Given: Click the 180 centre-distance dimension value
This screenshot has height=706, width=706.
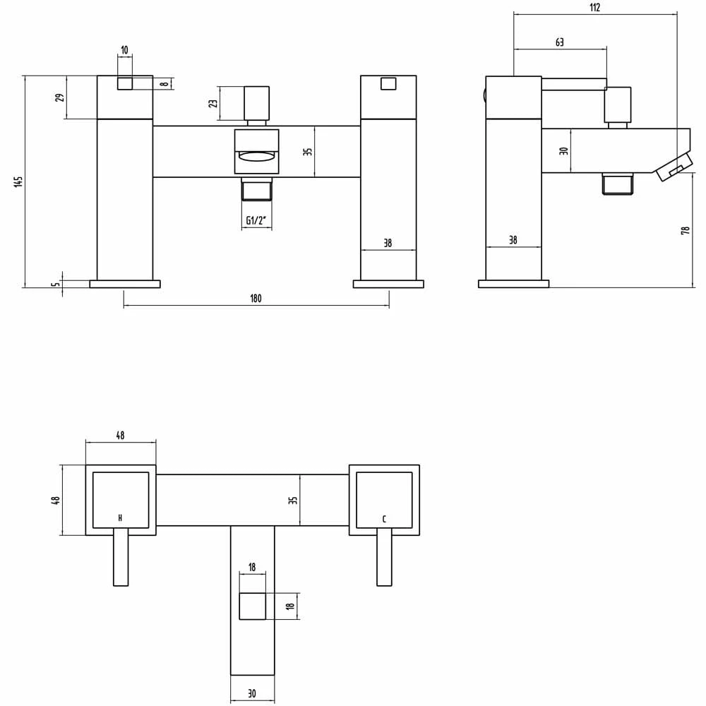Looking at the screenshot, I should (256, 299).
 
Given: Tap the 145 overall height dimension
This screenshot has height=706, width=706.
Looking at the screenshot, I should (19, 181).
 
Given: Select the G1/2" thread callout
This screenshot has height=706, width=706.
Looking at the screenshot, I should (256, 221).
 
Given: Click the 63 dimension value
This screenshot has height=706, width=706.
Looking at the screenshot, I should (559, 42).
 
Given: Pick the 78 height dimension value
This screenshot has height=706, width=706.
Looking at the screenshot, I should (685, 230).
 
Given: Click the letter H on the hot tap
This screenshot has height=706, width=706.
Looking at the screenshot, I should (121, 519).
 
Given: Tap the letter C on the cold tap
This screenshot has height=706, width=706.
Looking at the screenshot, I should (384, 520).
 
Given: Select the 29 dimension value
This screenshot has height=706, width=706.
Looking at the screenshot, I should (60, 97).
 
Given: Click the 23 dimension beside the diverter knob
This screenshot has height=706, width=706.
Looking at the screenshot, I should (213, 103).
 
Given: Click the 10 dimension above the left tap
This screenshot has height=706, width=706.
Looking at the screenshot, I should (125, 50).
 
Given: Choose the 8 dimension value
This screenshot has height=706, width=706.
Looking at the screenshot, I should (164, 83).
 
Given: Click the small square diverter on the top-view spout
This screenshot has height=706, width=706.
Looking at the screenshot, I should (253, 606).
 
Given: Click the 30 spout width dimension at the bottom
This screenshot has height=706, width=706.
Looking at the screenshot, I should (252, 694).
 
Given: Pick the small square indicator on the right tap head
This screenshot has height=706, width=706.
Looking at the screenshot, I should (388, 83).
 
